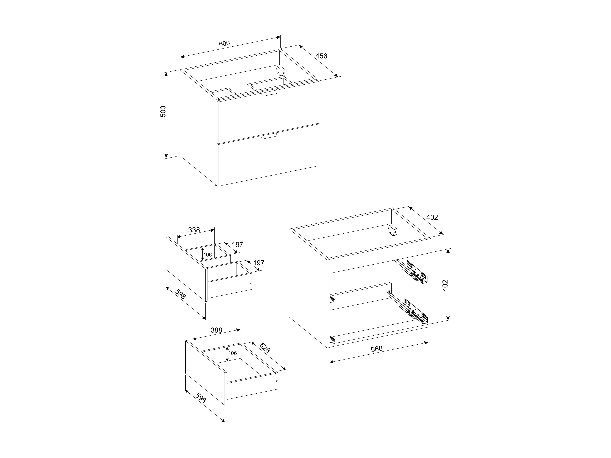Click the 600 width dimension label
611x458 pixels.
[224, 44]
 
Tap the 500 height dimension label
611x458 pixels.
[163, 112]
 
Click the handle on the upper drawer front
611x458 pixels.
[269, 93]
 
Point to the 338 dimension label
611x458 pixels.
[194, 230]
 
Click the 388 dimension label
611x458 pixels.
[216, 330]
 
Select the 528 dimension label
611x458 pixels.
[265, 348]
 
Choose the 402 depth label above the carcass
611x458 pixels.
[432, 217]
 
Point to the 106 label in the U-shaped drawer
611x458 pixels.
[207, 254]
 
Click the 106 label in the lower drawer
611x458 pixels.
[233, 353]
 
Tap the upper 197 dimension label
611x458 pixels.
[238, 245]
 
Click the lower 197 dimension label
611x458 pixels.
[259, 263]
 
